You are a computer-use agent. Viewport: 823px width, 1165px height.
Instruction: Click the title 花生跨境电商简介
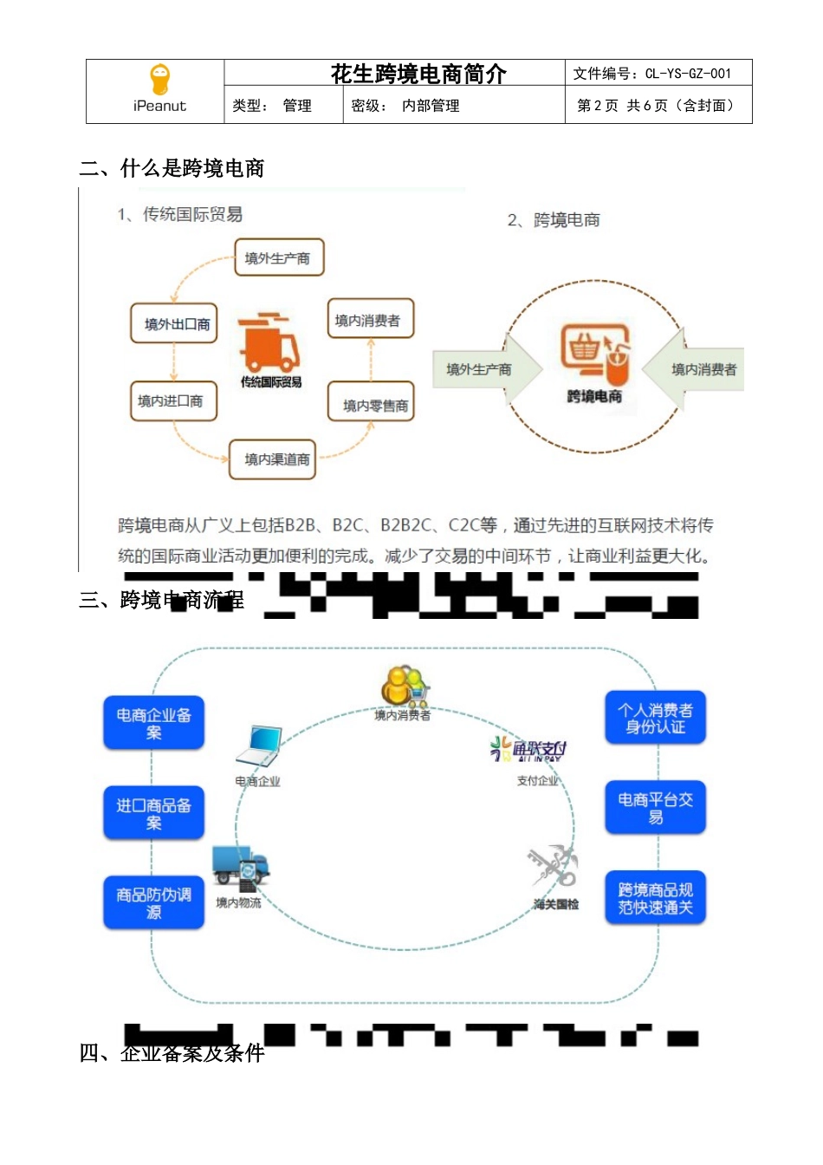[418, 74]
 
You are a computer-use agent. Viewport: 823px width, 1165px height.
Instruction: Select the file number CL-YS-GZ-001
[688, 74]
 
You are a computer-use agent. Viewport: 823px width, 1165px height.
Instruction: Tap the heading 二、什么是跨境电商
[172, 168]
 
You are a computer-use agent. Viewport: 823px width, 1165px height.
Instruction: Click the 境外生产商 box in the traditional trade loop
[278, 257]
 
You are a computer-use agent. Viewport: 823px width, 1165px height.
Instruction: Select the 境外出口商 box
[174, 324]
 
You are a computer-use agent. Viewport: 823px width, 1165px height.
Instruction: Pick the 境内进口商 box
[172, 401]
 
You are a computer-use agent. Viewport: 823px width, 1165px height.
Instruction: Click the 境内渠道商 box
[274, 459]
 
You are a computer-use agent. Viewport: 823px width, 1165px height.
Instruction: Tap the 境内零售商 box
[372, 404]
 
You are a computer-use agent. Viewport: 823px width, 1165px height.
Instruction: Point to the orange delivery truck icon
[269, 342]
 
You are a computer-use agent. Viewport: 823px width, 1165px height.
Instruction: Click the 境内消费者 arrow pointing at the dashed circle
[695, 369]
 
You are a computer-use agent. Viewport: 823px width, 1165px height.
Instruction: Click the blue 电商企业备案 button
[154, 723]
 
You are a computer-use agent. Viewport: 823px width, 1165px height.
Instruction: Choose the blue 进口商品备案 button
[154, 813]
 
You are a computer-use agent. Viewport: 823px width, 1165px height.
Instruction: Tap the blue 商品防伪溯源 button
[154, 903]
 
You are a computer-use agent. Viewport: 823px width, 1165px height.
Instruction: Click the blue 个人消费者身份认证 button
[655, 718]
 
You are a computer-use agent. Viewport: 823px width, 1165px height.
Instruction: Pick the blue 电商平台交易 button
[655, 808]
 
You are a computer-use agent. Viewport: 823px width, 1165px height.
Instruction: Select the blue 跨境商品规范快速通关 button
[655, 898]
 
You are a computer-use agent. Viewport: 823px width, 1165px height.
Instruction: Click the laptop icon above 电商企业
[260, 746]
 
